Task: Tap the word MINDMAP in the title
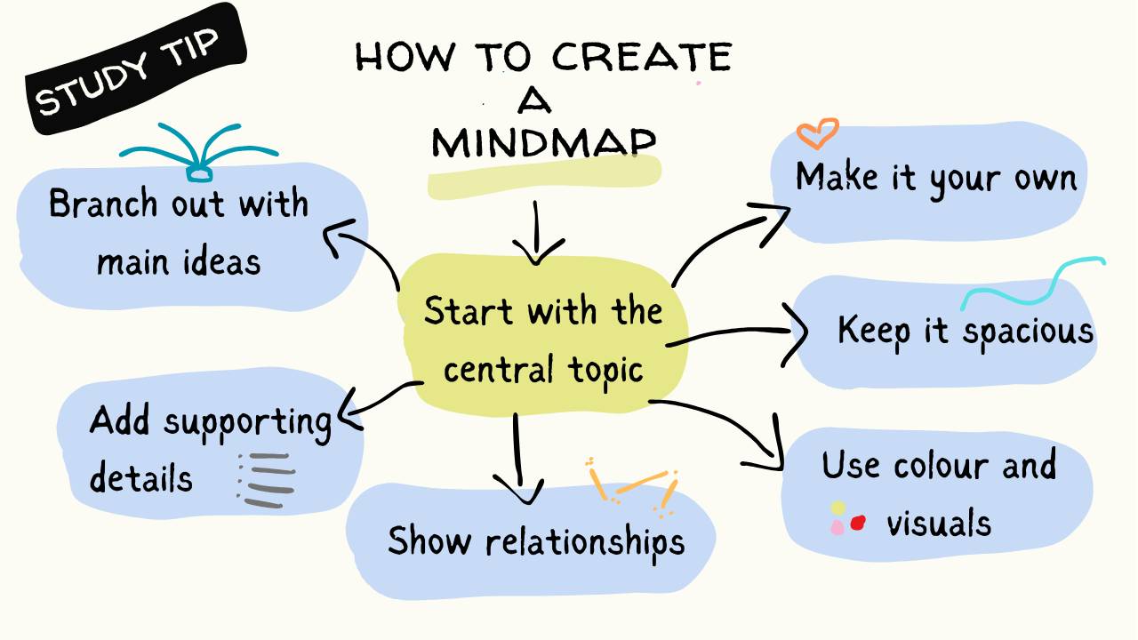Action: tap(543, 141)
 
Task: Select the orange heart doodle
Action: tap(817, 133)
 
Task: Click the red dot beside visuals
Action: tap(858, 523)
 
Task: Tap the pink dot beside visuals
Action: tap(837, 527)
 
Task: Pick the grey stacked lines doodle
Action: tap(267, 480)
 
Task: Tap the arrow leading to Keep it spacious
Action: tap(738, 334)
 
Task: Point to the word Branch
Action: tap(99, 204)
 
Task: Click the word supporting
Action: tap(248, 422)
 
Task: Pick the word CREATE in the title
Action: tap(639, 58)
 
